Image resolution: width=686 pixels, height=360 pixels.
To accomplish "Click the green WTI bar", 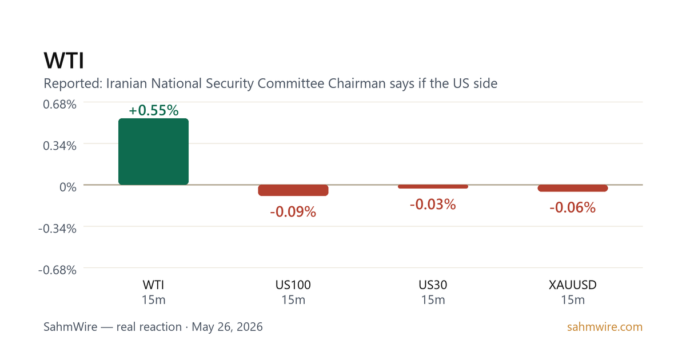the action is click(153, 151).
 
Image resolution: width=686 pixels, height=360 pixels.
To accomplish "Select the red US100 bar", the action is click(293, 190).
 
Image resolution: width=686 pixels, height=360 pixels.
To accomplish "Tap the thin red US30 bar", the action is click(433, 186).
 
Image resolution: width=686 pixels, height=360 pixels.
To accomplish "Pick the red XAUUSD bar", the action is click(573, 188).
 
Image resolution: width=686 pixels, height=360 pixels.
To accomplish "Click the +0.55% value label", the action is click(153, 110).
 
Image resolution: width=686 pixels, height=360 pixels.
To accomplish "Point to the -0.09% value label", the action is click(293, 212).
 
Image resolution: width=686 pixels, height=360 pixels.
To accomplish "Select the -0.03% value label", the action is click(433, 205).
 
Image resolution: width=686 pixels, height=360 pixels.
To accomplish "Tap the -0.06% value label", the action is click(573, 207).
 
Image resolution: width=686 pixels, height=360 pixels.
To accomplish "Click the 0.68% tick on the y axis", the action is click(59, 105).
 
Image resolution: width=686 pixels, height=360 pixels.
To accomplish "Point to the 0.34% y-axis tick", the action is click(59, 146).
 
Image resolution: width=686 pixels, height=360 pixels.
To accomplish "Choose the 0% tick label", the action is click(68, 187).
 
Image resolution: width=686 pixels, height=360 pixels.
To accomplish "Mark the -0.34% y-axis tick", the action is click(57, 229).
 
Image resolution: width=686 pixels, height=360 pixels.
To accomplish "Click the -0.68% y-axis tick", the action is click(57, 270).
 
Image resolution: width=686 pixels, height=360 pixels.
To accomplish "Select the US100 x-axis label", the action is click(293, 285).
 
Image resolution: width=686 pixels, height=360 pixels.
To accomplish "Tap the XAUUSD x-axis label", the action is click(573, 285).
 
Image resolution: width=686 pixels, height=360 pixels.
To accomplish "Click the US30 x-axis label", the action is click(433, 285).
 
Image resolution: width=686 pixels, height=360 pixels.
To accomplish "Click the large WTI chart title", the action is click(63, 61).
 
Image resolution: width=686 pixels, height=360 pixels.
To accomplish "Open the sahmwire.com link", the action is click(605, 327).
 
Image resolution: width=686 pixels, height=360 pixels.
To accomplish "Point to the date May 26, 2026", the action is click(228, 327).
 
